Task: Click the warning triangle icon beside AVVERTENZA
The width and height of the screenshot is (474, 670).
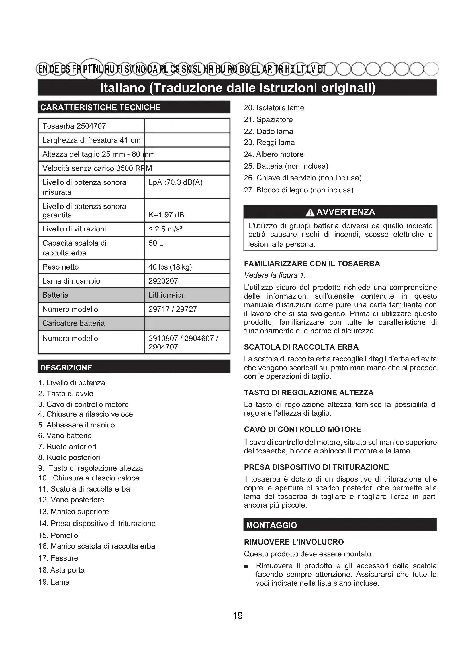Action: coord(310,213)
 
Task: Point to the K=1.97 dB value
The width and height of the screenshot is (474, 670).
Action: coord(166,215)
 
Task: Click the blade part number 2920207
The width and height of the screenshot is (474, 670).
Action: coord(163,281)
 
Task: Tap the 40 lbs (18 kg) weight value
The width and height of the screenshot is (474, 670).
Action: coord(170,267)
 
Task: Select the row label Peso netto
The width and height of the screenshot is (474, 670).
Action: coord(60,267)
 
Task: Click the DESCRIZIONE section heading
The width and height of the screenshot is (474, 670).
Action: coord(66,368)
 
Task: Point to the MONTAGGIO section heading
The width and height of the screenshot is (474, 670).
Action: coord(271,525)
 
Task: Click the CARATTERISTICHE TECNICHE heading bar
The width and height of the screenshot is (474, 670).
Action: coord(100,107)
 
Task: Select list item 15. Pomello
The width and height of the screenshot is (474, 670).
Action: coord(58,535)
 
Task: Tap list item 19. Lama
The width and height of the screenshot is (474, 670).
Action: coord(54,582)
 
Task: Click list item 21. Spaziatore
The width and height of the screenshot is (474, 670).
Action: coord(268,120)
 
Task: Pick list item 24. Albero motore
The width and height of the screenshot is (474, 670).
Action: coord(273,154)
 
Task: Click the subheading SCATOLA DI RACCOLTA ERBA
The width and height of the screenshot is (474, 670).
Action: coord(301,347)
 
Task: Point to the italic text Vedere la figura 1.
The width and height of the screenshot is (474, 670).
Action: coord(275,275)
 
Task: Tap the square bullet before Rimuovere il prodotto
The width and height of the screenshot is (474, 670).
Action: coord(246,566)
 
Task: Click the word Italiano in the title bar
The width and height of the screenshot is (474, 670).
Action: coord(123,88)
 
